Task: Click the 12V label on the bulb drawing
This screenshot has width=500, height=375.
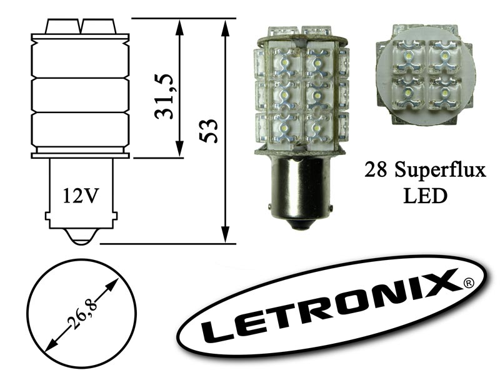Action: tap(80, 196)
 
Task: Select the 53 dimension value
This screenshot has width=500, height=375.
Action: tap(208, 131)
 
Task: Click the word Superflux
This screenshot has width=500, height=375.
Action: tap(441, 171)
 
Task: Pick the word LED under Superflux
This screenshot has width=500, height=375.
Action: tap(426, 196)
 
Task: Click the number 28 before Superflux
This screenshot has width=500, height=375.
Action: tap(376, 170)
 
